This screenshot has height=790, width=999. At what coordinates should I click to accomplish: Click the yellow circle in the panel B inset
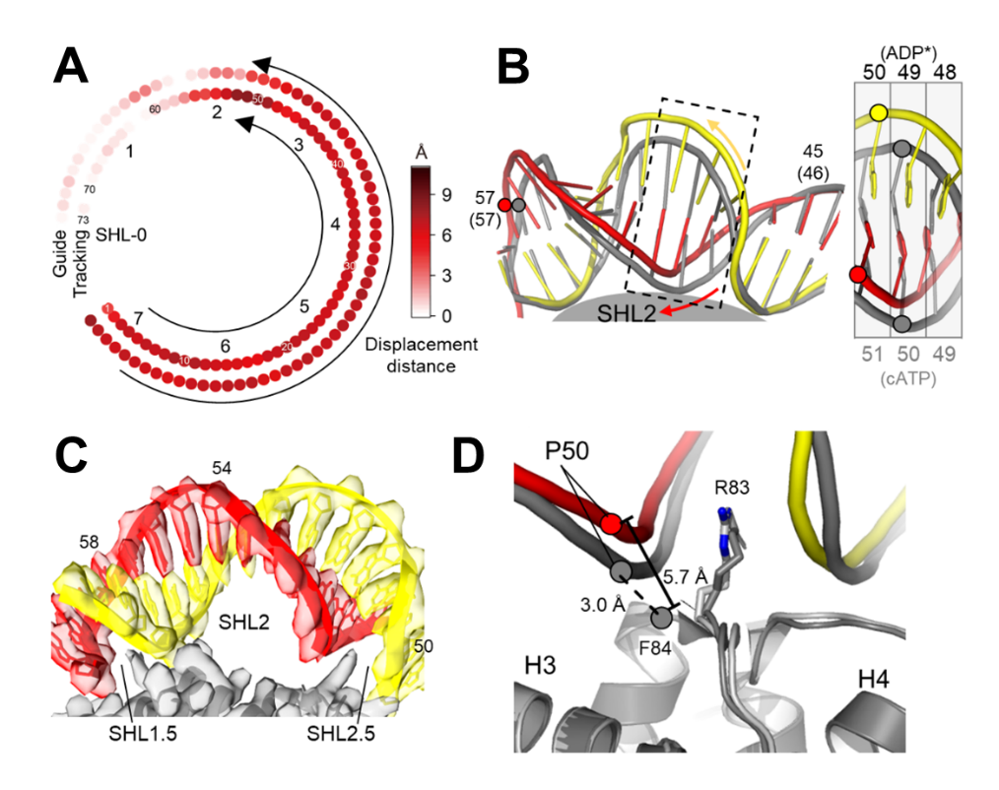(879, 114)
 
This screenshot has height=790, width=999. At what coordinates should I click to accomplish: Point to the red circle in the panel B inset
(857, 273)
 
